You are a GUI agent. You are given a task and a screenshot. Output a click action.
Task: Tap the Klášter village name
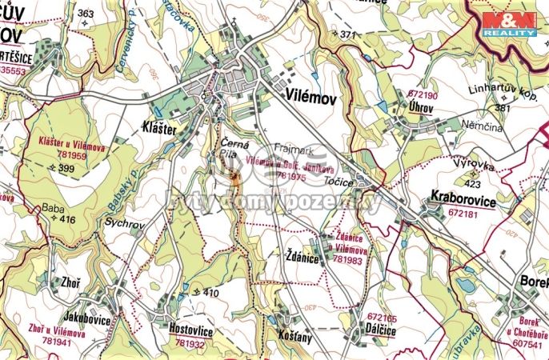point(159,126)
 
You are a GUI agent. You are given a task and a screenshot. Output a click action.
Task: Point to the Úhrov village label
point(419,106)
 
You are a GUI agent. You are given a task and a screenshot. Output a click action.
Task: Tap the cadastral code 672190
point(423,94)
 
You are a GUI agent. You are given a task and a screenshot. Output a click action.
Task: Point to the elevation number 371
point(346,35)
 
